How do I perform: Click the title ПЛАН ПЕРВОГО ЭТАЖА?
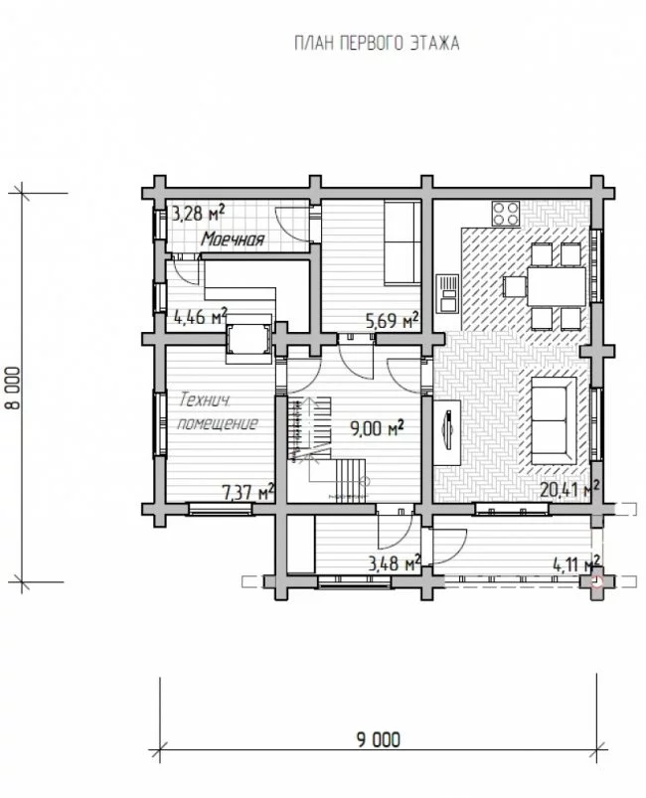tap(377, 44)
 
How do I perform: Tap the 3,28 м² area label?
tap(198, 214)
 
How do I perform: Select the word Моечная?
tap(233, 239)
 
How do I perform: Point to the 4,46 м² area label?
tap(200, 317)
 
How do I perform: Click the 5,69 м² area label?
tap(392, 321)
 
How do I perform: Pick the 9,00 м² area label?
tap(377, 428)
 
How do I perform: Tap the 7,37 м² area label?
tap(248, 492)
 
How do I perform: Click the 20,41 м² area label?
tap(569, 490)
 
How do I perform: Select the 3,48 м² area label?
tap(395, 563)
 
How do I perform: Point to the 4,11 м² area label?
tap(576, 563)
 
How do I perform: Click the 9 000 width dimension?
tap(379, 739)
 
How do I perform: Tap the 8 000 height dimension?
tap(14, 388)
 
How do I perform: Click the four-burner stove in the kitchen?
tap(506, 214)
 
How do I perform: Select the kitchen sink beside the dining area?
tap(448, 293)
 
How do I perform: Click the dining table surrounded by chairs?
tap(556, 286)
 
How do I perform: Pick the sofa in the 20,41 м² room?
tap(551, 420)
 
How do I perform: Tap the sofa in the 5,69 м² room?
tap(403, 242)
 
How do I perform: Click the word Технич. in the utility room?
tap(204, 400)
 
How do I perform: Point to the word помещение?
tap(218, 423)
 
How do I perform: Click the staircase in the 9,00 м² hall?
tap(327, 449)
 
